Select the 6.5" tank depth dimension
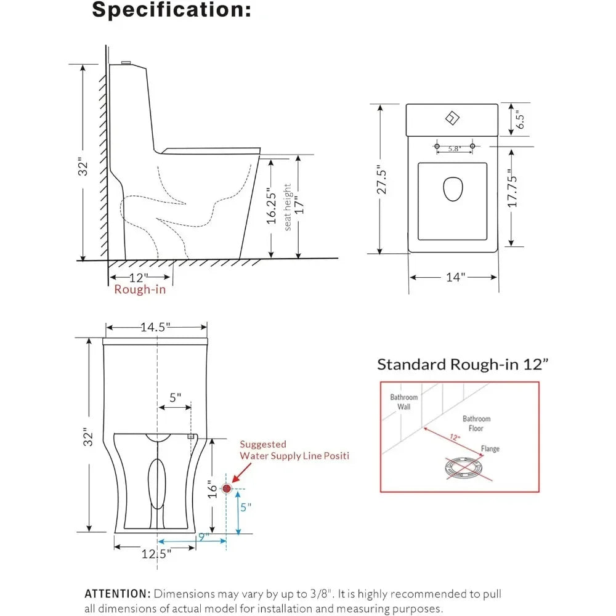[x=521, y=119]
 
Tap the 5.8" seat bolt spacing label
[x=455, y=148]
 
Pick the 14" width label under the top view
[x=454, y=277]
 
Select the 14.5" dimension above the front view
[x=156, y=328]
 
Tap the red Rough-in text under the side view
[x=140, y=290]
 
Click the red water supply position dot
[x=226, y=488]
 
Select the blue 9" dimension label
[x=203, y=537]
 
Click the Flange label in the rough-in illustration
[x=490, y=449]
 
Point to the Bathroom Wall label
[x=403, y=402]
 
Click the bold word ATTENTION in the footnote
[x=117, y=594]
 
